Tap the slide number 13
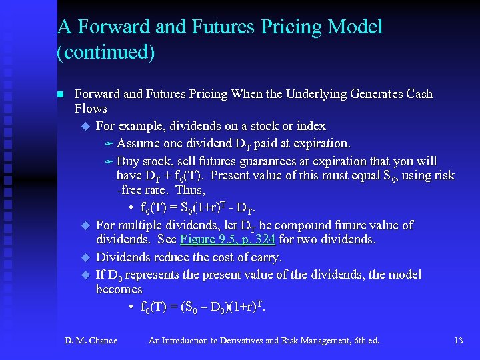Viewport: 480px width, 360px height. tap(458, 341)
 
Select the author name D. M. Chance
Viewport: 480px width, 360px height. tap(91, 341)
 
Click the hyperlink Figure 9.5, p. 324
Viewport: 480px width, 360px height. tap(227, 239)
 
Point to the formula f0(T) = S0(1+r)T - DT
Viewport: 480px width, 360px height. tap(198, 207)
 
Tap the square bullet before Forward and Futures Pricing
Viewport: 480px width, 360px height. tap(60, 94)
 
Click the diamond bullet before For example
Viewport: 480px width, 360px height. tap(85, 126)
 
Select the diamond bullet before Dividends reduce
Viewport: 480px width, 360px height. tap(85, 257)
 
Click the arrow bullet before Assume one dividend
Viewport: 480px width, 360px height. tap(110, 143)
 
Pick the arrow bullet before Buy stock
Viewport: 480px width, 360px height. tap(110, 161)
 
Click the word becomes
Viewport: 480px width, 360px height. tap(119, 289)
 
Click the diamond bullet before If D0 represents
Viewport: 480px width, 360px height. tap(85, 275)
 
